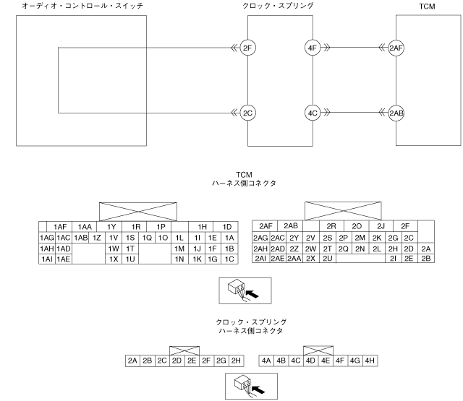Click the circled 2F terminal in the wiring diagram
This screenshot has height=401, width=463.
pos(248,49)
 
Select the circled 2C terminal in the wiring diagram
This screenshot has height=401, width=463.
pos(248,113)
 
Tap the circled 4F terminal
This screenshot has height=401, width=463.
pos(313,49)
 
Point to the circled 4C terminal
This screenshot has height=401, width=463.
pos(313,113)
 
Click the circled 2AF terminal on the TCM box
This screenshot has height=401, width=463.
pos(396,49)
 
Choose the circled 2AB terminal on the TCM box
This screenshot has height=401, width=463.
pos(396,113)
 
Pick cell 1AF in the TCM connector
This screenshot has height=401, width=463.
pos(60,226)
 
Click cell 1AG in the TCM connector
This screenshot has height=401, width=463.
pos(47,237)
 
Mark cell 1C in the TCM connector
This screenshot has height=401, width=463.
pos(229,258)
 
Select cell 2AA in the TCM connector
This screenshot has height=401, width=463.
pos(294,258)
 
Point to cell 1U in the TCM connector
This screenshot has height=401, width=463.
pos(130,258)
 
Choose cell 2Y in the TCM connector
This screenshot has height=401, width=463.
pos(294,237)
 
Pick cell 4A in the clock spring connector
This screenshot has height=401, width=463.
pos(266,359)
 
